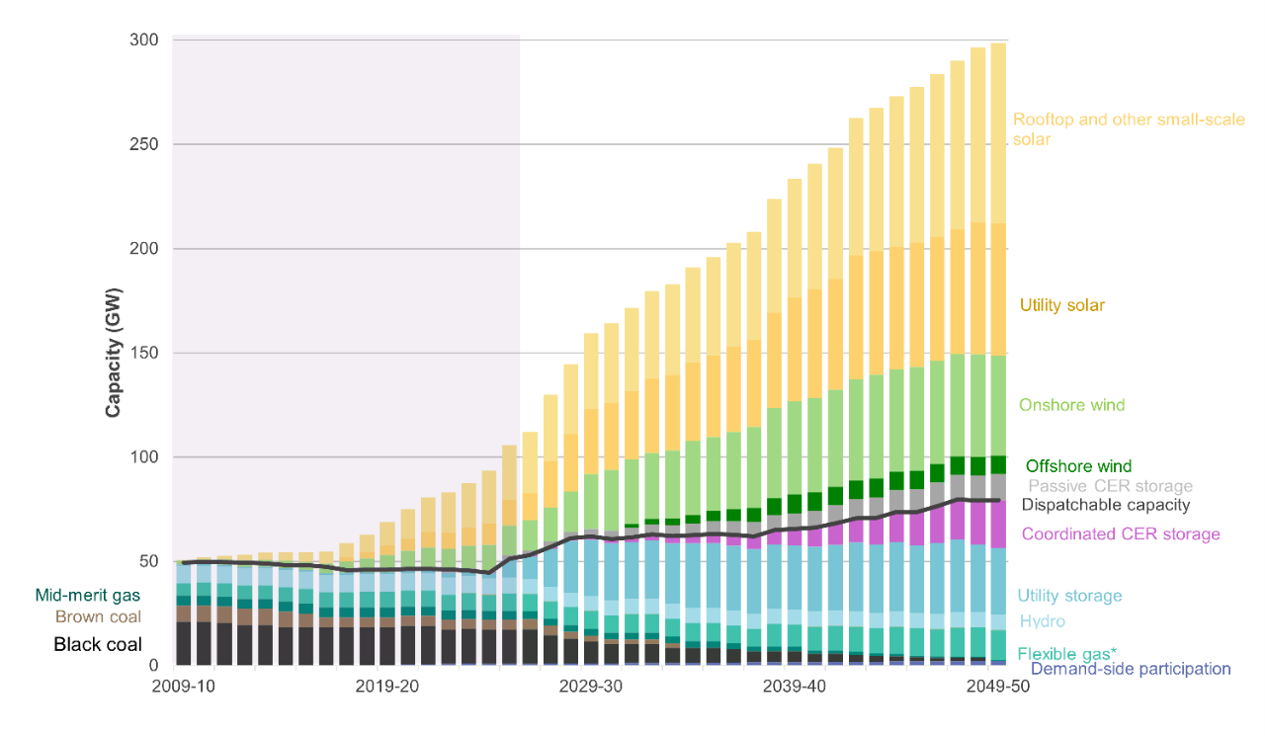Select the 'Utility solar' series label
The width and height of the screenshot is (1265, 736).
(x=1061, y=305)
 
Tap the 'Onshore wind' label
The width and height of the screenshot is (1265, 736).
(x=1071, y=405)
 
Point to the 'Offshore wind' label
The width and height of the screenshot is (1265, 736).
(x=1078, y=466)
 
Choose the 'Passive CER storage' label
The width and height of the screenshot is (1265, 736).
(x=1110, y=486)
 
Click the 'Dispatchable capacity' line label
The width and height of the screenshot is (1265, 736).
(x=1105, y=505)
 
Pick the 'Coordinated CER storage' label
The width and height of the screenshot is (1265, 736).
(x=1120, y=534)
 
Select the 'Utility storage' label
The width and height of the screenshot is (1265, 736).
(x=1069, y=596)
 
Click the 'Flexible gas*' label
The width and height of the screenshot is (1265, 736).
(x=1066, y=653)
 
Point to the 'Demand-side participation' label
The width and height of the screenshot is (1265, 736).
(x=1130, y=669)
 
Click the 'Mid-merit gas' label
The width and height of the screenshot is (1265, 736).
(x=87, y=595)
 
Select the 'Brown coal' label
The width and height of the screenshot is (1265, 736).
(x=98, y=616)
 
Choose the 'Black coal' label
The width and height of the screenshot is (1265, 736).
(x=98, y=644)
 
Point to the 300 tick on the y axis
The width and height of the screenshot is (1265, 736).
(x=143, y=41)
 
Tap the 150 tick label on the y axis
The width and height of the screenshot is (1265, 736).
(x=143, y=353)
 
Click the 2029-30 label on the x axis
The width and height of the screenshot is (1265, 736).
(x=590, y=687)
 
